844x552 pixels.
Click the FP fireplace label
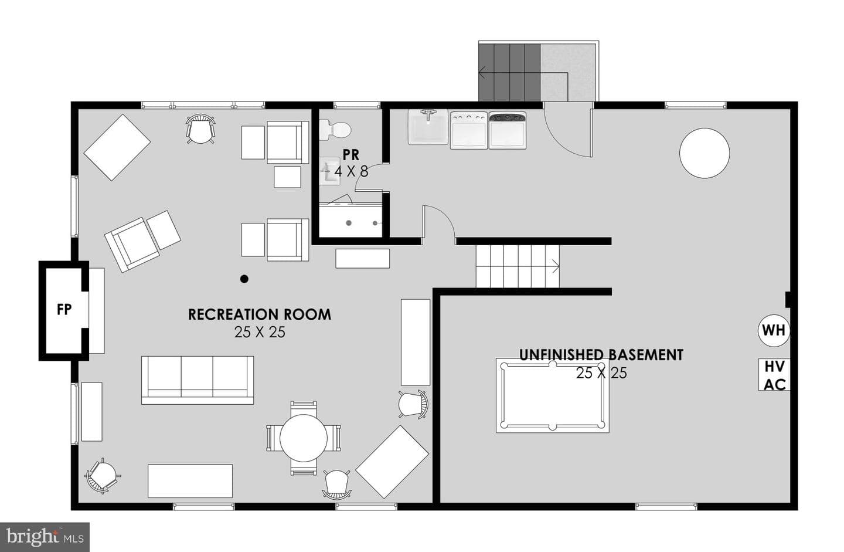[64, 310]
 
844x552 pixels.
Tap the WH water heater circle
[774, 330]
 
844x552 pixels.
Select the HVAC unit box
[774, 375]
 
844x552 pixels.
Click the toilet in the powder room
[335, 130]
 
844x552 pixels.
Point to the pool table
[552, 395]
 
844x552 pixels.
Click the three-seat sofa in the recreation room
[198, 380]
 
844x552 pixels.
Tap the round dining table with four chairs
[304, 438]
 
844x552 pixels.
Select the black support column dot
[244, 279]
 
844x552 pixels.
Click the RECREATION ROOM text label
[260, 314]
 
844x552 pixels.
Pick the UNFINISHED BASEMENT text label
[601, 355]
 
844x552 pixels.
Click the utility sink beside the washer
[428, 127]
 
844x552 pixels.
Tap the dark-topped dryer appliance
[508, 130]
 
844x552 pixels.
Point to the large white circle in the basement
[705, 153]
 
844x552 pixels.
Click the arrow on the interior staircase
[556, 266]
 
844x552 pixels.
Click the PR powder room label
[350, 155]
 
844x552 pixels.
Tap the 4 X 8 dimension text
[351, 171]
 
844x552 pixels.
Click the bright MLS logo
[45, 537]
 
